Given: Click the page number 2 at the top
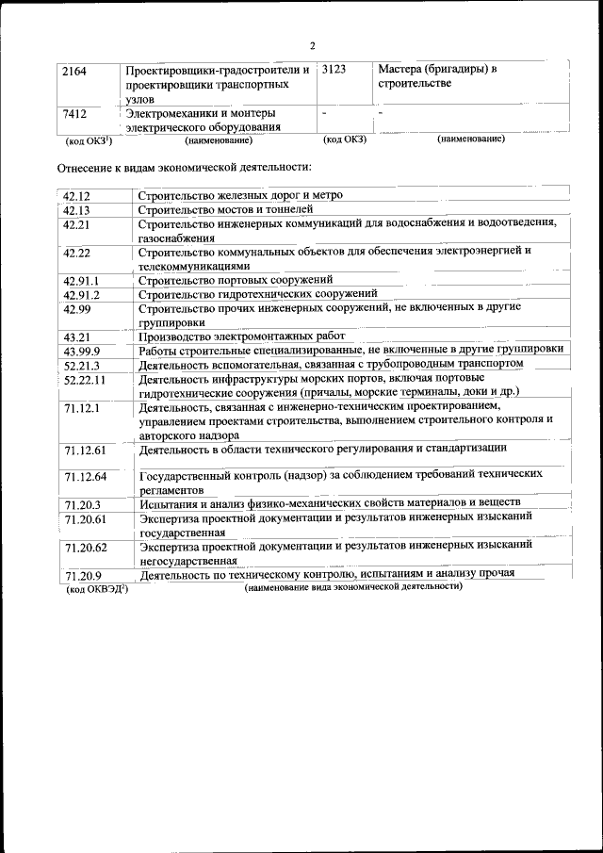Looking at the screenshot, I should pos(312,44).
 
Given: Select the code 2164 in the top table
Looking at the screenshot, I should pos(74,71).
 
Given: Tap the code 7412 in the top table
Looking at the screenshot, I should pos(74,115).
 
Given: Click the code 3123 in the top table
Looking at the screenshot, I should pos(334,70).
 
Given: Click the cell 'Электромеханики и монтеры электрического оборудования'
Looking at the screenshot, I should pos(217,121).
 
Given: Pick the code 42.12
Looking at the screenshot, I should pos(76,196).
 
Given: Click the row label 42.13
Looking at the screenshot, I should pos(76,210).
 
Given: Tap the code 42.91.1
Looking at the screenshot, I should pos(81,281).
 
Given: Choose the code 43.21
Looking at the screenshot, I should pos(76,336).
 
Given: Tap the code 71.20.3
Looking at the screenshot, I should pos(82,505).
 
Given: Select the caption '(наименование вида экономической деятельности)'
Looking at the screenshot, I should pos(353,586).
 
